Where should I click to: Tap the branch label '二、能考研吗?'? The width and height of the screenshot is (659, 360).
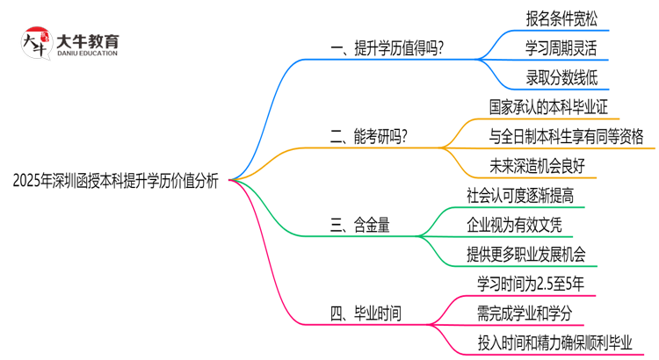pos(369,135)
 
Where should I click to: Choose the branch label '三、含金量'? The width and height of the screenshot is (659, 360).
pos(358,224)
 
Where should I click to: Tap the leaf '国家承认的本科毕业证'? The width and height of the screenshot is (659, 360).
pos(549,105)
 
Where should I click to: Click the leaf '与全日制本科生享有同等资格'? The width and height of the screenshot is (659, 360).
pos(567,135)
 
